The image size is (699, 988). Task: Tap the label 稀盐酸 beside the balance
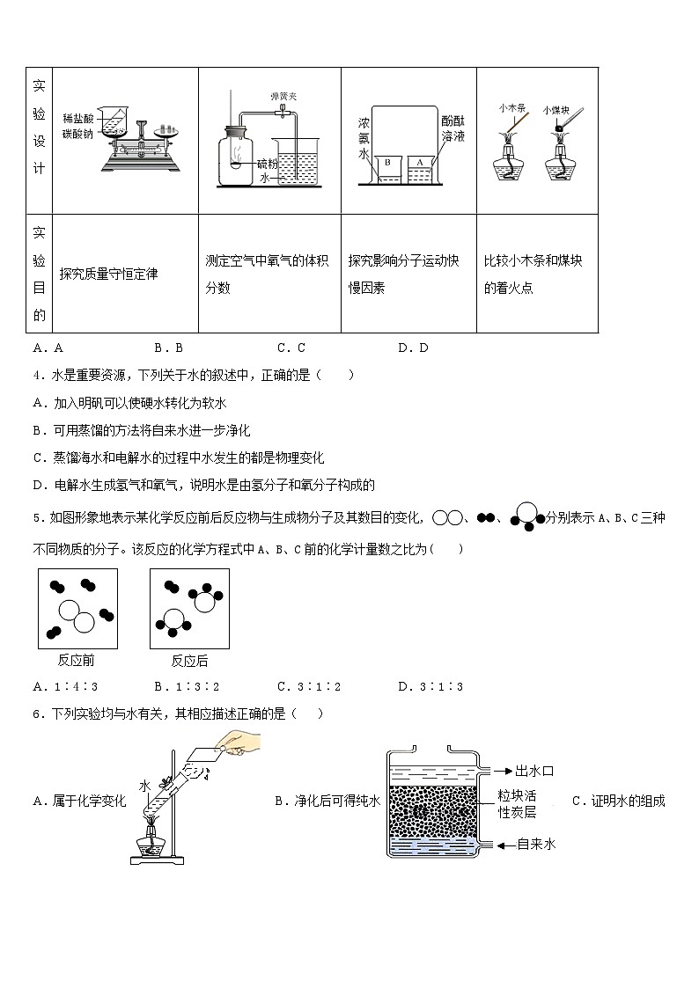[x=78, y=118]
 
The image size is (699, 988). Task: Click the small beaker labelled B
[x=387, y=168]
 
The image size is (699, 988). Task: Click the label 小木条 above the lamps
[x=511, y=108]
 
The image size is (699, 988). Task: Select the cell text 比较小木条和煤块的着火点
[x=533, y=274]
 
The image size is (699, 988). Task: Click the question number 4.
[x=36, y=376]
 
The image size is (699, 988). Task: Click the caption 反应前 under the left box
[x=77, y=661]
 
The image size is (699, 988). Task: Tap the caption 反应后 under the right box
[x=189, y=661]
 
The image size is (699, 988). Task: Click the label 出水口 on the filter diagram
[x=533, y=772]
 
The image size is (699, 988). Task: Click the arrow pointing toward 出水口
[x=498, y=772]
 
